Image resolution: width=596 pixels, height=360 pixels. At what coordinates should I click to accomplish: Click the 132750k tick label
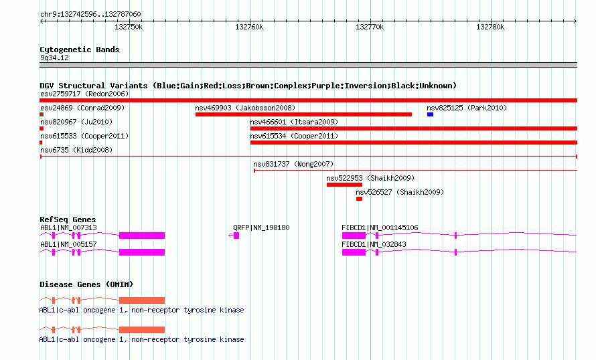tap(129, 27)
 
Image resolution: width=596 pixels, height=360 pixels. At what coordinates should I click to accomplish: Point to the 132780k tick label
tap(490, 27)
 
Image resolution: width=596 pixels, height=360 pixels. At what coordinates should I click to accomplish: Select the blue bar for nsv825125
tap(430, 114)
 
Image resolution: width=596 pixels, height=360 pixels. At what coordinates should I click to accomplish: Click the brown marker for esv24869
tap(42, 114)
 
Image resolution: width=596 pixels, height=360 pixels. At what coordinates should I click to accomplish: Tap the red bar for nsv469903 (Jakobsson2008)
tap(303, 114)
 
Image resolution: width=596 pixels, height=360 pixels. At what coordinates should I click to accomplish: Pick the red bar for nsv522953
tap(344, 185)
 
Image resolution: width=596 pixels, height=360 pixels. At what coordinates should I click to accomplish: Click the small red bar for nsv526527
tap(359, 199)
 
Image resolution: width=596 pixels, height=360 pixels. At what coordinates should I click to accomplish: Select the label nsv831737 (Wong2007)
tap(293, 164)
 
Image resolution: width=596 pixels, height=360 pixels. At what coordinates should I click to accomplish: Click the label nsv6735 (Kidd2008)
tap(76, 150)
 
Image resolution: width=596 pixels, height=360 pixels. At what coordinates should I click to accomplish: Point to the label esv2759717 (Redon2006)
tap(84, 94)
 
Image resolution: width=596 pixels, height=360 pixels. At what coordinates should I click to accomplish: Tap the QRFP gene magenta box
tap(236, 236)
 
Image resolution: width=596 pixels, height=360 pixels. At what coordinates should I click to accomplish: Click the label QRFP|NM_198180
tap(261, 228)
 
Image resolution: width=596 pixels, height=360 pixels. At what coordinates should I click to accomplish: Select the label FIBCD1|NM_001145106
tap(380, 228)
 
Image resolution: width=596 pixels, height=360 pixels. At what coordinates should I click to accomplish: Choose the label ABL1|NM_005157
tap(68, 244)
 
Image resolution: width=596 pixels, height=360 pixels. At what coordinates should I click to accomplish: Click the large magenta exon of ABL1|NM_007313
tap(142, 236)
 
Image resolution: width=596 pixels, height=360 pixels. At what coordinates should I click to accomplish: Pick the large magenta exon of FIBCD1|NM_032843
tap(354, 252)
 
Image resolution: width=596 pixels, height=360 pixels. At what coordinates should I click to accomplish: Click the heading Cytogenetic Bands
tap(80, 50)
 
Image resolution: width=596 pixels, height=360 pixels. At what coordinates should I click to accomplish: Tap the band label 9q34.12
tap(54, 58)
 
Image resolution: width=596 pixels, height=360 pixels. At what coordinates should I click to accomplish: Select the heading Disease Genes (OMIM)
tap(86, 284)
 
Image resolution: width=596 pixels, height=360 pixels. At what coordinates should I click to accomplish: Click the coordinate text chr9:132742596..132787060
tap(90, 14)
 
